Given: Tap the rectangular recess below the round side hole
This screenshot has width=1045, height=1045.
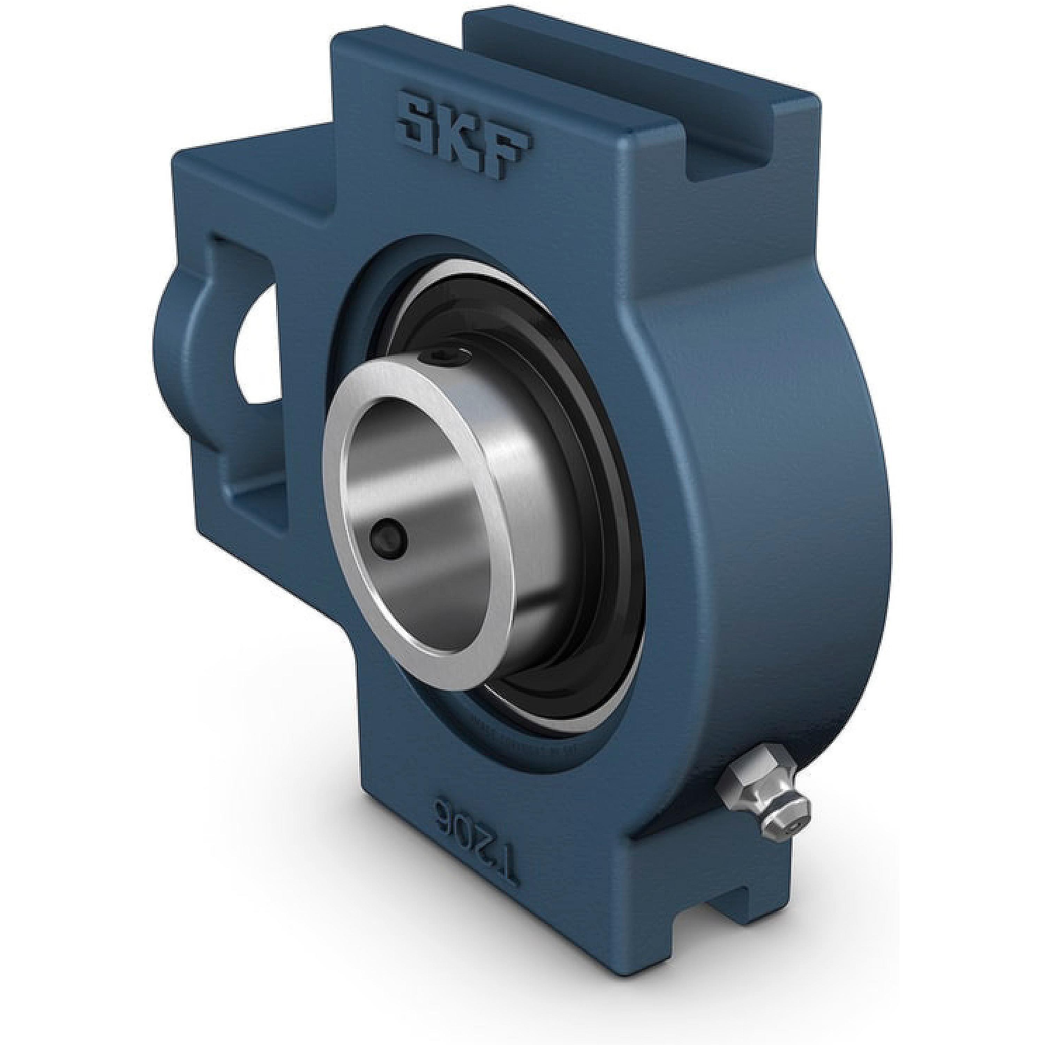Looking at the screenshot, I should [260, 498].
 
